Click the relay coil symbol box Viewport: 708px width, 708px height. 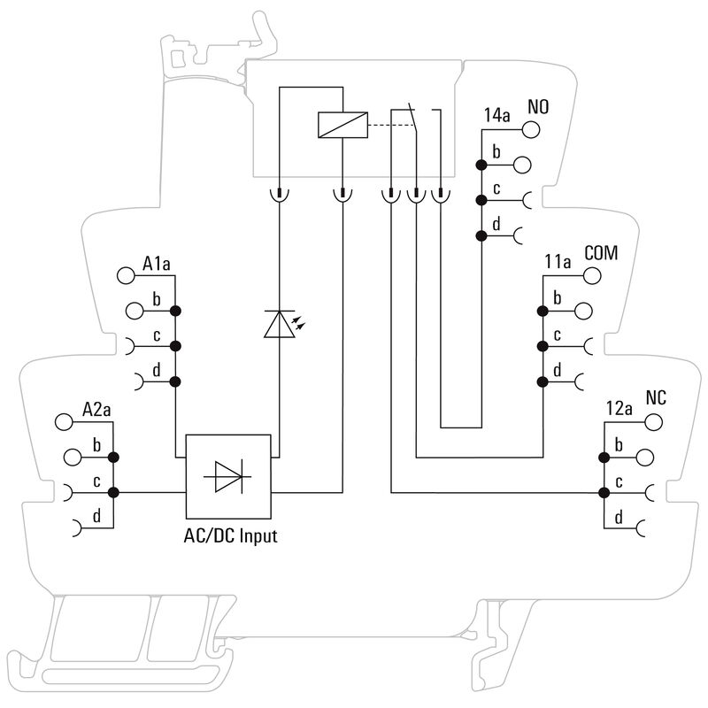340,126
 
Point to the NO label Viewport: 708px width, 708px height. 538,107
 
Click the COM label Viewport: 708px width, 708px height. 601,253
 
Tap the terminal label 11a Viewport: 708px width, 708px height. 558,262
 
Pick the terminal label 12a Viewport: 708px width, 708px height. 619,408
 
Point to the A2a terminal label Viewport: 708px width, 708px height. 96,409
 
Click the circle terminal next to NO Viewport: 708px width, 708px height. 532,129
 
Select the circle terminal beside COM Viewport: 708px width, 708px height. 592,275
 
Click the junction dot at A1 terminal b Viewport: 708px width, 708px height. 175,311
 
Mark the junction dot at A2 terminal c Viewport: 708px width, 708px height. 114,492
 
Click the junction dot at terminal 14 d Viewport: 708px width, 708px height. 481,236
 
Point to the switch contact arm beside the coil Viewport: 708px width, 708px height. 412,119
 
